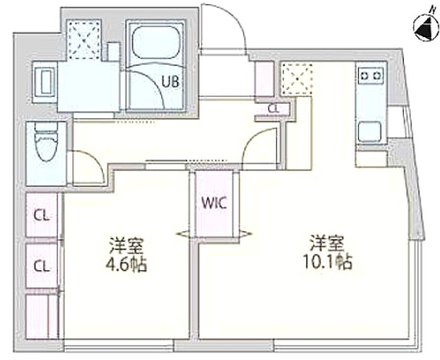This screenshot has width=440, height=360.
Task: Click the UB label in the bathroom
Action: [170, 82]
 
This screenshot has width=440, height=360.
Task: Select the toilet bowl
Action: [46, 143]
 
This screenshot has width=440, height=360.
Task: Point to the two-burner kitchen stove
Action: [371, 75]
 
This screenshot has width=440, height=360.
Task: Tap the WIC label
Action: [214, 204]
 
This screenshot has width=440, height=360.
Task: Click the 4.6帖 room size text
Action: [127, 265]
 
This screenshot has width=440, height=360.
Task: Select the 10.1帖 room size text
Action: [327, 263]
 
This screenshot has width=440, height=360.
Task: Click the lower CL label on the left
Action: [42, 266]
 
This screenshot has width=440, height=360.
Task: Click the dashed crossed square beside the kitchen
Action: [297, 79]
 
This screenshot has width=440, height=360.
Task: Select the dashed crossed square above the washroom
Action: [85, 39]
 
